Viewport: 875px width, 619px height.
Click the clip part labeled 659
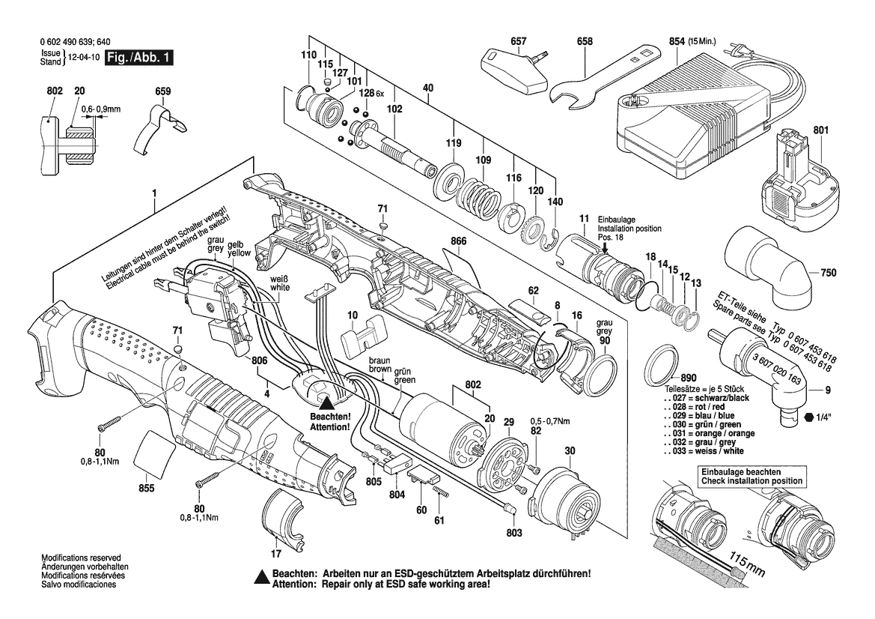coord(159,127)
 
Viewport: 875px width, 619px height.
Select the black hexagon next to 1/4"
coord(809,417)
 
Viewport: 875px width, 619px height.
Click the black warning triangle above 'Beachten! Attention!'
coord(327,402)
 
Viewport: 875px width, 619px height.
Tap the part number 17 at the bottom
coord(275,554)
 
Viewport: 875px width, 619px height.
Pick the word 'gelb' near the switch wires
coord(236,244)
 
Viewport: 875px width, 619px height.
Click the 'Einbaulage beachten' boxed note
coord(751,476)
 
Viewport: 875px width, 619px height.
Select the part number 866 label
coord(460,241)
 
